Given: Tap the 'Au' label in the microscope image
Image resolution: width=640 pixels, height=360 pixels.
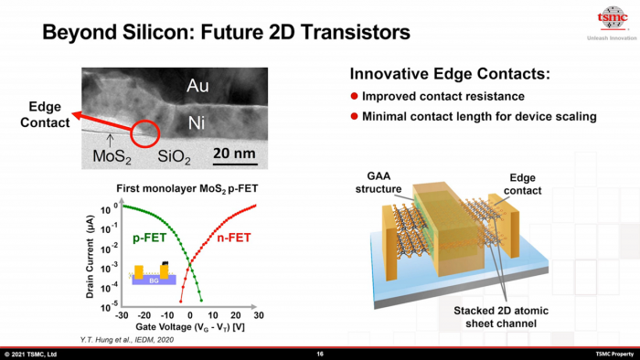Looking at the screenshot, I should (x=197, y=86).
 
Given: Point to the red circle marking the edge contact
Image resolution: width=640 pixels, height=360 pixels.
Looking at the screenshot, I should (x=145, y=132).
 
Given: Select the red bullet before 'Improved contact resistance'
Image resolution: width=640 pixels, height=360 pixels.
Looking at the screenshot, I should (x=355, y=97).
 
